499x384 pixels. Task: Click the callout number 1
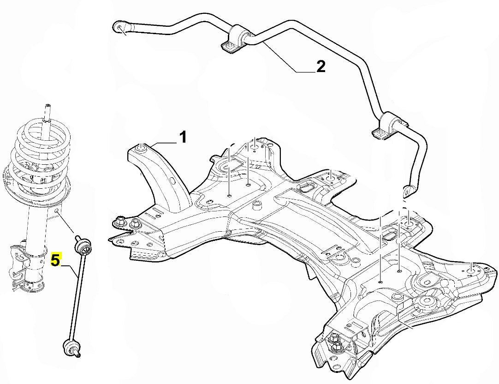pyautogui.click(x=183, y=137)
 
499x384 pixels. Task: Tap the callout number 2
pyautogui.click(x=320, y=66)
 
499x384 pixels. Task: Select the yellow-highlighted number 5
pyautogui.click(x=55, y=260)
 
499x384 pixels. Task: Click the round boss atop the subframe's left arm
pyautogui.click(x=142, y=148)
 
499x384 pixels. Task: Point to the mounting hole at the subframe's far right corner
pyautogui.click(x=470, y=265)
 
